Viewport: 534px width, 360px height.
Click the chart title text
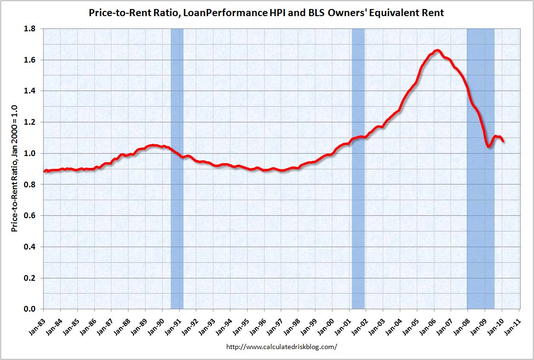(x=267, y=13)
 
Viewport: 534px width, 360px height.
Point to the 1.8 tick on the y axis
(x=31, y=29)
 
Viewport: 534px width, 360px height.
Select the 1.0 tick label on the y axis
(x=31, y=153)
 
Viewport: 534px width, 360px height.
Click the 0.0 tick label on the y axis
(x=31, y=309)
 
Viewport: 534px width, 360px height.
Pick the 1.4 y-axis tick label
(x=31, y=91)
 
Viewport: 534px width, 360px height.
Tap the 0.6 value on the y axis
(x=31, y=216)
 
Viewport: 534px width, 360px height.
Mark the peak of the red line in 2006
(x=437, y=50)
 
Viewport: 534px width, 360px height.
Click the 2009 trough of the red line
(x=489, y=147)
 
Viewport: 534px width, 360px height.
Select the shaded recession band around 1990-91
(x=177, y=190)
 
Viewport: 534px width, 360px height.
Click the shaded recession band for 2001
(x=358, y=190)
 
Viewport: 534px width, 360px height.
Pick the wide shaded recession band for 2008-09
(x=480, y=213)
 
